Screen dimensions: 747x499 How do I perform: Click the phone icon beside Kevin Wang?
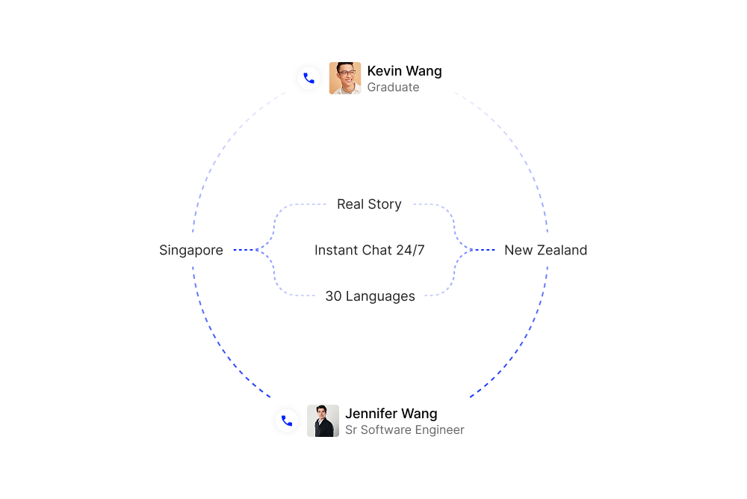click(x=309, y=78)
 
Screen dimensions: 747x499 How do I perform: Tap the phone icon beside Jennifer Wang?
click(x=287, y=420)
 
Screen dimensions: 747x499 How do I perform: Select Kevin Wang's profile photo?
click(x=345, y=79)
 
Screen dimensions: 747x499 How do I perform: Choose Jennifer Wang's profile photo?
click(x=323, y=420)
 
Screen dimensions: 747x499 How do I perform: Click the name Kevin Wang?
click(x=404, y=71)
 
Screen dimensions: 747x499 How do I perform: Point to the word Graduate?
click(x=393, y=88)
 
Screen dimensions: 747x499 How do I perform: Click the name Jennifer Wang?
click(x=391, y=414)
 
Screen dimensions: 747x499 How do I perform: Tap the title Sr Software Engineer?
click(x=404, y=430)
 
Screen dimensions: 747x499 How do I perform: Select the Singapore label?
click(x=191, y=251)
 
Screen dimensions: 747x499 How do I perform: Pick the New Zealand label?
click(x=545, y=250)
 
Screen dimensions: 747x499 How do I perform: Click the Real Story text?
click(x=369, y=204)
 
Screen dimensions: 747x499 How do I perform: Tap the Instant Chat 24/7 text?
click(x=369, y=250)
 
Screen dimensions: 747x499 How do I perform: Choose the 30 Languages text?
click(x=371, y=296)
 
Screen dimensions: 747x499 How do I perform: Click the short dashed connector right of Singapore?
click(x=246, y=250)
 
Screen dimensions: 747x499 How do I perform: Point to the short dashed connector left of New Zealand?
click(x=482, y=250)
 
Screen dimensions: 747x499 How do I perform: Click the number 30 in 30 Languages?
click(x=333, y=296)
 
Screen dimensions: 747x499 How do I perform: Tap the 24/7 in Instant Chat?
click(x=410, y=250)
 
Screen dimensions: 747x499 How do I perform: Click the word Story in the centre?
click(x=385, y=205)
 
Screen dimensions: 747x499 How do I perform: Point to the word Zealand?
click(x=562, y=250)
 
